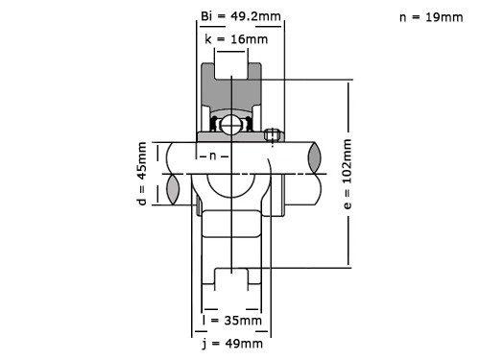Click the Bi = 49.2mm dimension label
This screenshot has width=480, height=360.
click(234, 16)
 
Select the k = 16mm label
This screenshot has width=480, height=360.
click(234, 38)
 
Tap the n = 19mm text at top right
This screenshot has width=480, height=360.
click(429, 16)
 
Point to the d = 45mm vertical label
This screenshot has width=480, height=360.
click(142, 174)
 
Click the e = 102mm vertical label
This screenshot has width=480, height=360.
click(348, 174)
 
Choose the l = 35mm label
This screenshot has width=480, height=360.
click(231, 320)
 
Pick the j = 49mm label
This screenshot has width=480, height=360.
click(231, 343)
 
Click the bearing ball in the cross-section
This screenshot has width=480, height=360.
click(230, 124)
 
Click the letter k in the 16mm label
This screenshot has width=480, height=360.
click(208, 38)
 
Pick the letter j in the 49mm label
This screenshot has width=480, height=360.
click(204, 343)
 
